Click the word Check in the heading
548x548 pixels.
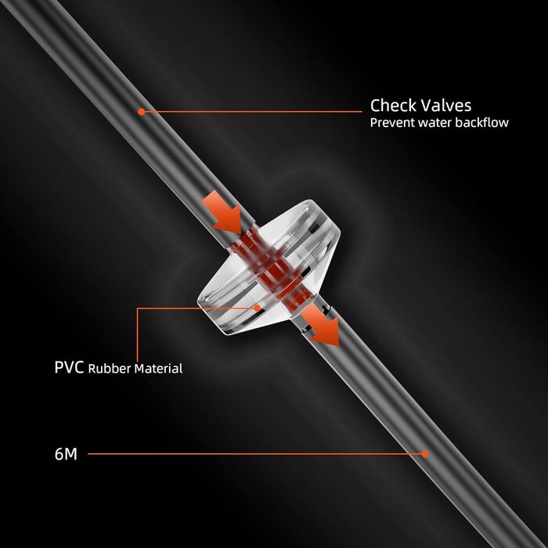pyautogui.click(x=392, y=105)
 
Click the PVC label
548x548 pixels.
pyautogui.click(x=69, y=367)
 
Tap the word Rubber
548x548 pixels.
pyautogui.click(x=107, y=368)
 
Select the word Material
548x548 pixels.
pyautogui.click(x=156, y=368)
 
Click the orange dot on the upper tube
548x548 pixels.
pyautogui.click(x=141, y=112)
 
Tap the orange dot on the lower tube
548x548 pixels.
pyautogui.click(x=426, y=453)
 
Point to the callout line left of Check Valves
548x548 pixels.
pyautogui.click(x=251, y=112)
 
